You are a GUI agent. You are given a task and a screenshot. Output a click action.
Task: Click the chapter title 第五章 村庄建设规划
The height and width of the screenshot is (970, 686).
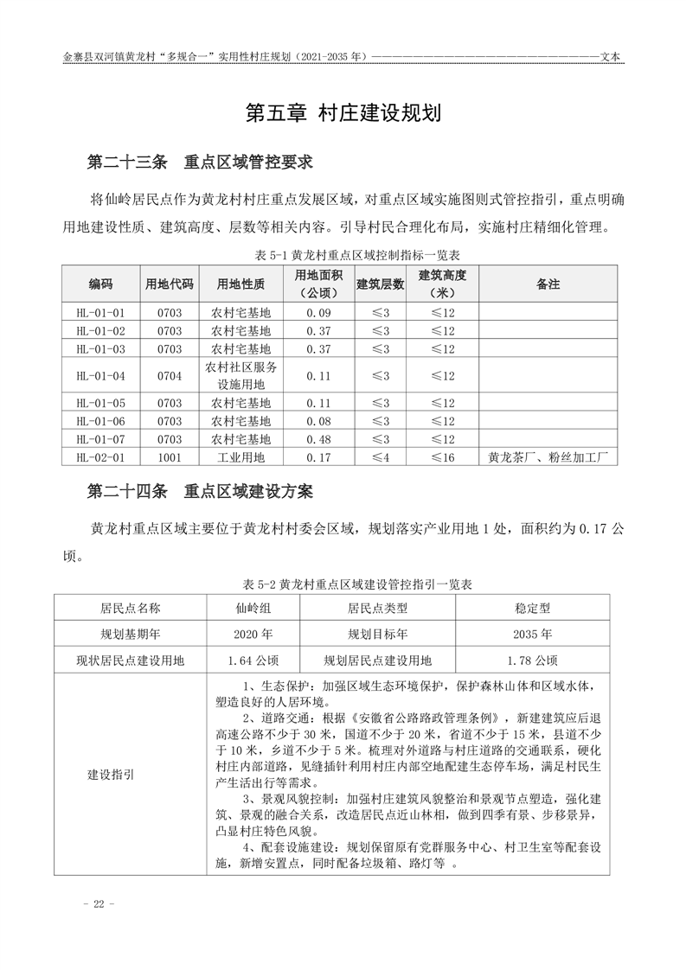343,113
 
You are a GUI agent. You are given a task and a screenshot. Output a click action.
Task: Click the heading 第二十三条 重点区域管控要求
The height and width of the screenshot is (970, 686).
200,162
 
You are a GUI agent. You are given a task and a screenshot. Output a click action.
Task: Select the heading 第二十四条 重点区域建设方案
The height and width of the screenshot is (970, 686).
200,491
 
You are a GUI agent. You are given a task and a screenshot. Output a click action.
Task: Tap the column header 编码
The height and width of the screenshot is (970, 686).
100,284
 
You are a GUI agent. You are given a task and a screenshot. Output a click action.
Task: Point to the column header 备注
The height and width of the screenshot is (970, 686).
548,284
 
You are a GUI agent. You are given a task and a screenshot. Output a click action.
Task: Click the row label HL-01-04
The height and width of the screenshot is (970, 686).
100,375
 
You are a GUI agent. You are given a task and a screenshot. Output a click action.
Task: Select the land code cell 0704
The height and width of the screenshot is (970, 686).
170,375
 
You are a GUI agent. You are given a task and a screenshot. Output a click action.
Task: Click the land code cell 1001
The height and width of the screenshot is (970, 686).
170,457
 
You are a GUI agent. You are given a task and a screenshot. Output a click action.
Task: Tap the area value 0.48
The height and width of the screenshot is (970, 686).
319,439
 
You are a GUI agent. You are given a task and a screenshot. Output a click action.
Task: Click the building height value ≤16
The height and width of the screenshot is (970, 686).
442,457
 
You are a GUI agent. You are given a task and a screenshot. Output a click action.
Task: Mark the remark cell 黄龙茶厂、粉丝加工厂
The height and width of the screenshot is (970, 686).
548,457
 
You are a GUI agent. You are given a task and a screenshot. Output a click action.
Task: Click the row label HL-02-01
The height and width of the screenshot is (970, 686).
100,457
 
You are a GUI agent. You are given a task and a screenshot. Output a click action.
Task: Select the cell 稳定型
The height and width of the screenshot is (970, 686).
533,608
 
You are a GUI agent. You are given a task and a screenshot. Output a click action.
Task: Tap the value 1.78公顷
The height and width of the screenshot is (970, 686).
533,660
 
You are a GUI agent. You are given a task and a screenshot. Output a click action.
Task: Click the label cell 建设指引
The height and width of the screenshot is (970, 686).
111,775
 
